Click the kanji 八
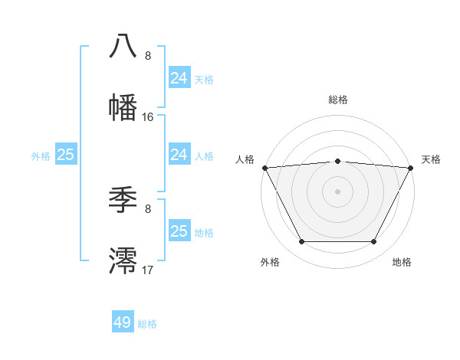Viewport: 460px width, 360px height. [x=123, y=45]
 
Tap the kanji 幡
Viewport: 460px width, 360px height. [x=123, y=107]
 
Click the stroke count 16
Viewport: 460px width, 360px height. [x=148, y=117]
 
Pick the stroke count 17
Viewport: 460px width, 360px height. [x=148, y=270]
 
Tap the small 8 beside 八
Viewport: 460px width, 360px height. [x=148, y=56]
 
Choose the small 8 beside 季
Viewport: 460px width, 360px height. [x=148, y=208]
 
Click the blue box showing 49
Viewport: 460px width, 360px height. [x=123, y=322]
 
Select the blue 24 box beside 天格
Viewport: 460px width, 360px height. [x=179, y=77]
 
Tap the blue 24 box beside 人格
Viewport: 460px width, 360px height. [x=179, y=155]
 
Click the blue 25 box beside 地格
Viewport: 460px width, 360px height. [x=179, y=231]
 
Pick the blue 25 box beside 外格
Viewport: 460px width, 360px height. [x=66, y=155]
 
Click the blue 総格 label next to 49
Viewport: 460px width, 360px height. [x=147, y=324]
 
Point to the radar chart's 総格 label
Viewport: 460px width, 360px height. [x=338, y=100]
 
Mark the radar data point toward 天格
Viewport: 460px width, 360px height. [x=412, y=168]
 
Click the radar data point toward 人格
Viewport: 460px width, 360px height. [x=264, y=168]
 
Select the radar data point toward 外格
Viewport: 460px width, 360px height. [x=301, y=242]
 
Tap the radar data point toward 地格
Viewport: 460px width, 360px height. [x=374, y=242]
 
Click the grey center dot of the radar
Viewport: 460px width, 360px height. [x=338, y=191]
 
